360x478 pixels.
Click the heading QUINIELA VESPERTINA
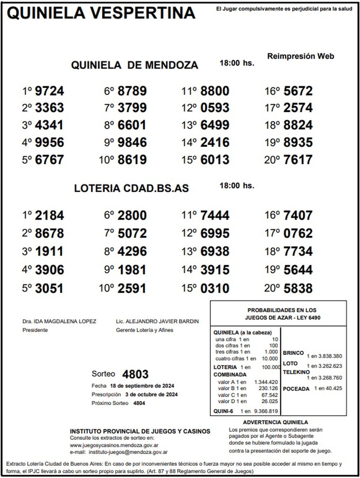click(x=101, y=13)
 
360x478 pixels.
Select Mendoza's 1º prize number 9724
click(x=49, y=91)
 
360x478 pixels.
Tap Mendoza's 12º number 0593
click(x=215, y=108)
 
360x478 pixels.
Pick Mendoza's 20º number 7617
click(x=298, y=160)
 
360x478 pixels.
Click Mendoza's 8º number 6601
click(x=132, y=125)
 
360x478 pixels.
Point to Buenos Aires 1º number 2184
click(x=49, y=216)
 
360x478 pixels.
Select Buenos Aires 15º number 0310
click(x=215, y=288)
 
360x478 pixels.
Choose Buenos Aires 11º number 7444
click(x=215, y=216)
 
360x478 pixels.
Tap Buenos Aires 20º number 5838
click(x=298, y=288)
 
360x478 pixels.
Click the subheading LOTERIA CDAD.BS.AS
click(x=131, y=188)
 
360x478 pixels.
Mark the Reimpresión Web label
click(x=300, y=56)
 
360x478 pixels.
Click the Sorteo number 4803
click(x=135, y=374)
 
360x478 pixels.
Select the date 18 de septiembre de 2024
click(x=142, y=386)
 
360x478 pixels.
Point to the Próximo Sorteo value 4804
click(x=139, y=403)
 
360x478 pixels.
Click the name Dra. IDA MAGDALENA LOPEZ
click(x=59, y=321)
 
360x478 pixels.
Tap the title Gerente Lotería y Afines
click(x=145, y=330)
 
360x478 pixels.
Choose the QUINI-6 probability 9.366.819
click(x=266, y=411)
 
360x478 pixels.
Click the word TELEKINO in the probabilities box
click(x=296, y=372)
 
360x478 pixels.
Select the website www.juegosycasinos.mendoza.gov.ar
click(x=114, y=446)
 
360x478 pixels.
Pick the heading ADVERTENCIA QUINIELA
click(x=275, y=423)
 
